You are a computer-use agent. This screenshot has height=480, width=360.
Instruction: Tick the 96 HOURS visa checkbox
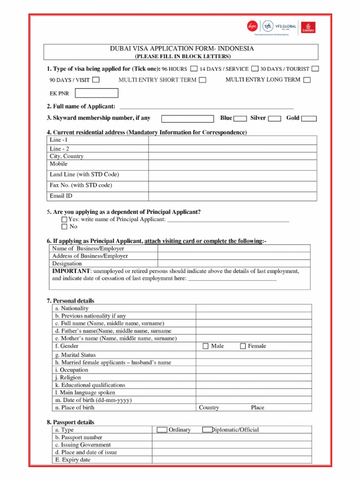pyautogui.click(x=194, y=68)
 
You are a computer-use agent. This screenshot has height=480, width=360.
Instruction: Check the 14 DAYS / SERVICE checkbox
pyautogui.click(x=255, y=68)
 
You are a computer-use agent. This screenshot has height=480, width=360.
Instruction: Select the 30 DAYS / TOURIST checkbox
pyautogui.click(x=315, y=68)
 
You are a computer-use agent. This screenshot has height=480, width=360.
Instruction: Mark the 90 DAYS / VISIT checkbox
pyautogui.click(x=96, y=80)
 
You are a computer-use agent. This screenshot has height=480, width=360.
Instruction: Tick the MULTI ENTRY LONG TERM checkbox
pyautogui.click(x=307, y=80)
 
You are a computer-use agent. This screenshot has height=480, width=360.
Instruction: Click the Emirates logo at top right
pyautogui.click(x=308, y=27)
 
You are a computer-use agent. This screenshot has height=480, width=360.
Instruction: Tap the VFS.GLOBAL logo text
pyautogui.click(x=286, y=26)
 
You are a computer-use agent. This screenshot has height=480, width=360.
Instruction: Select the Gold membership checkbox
pyautogui.click(x=309, y=119)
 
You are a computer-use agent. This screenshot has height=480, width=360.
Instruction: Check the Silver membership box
pyautogui.click(x=275, y=119)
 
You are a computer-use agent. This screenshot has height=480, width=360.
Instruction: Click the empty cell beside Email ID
pyautogui.click(x=232, y=196)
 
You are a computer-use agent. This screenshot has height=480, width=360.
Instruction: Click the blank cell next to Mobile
pyautogui.click(x=232, y=164)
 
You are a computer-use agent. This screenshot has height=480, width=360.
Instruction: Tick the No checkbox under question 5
pyautogui.click(x=64, y=227)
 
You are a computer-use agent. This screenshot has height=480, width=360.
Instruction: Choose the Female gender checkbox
pyautogui.click(x=243, y=346)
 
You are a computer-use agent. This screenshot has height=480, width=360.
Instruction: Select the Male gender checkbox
pyautogui.click(x=206, y=346)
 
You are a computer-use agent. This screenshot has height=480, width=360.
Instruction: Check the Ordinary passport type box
pyautogui.click(x=162, y=430)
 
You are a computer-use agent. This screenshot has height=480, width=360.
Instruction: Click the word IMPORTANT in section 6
pyautogui.click(x=70, y=271)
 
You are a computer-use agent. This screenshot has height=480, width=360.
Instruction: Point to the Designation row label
pyautogui.click(x=67, y=263)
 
